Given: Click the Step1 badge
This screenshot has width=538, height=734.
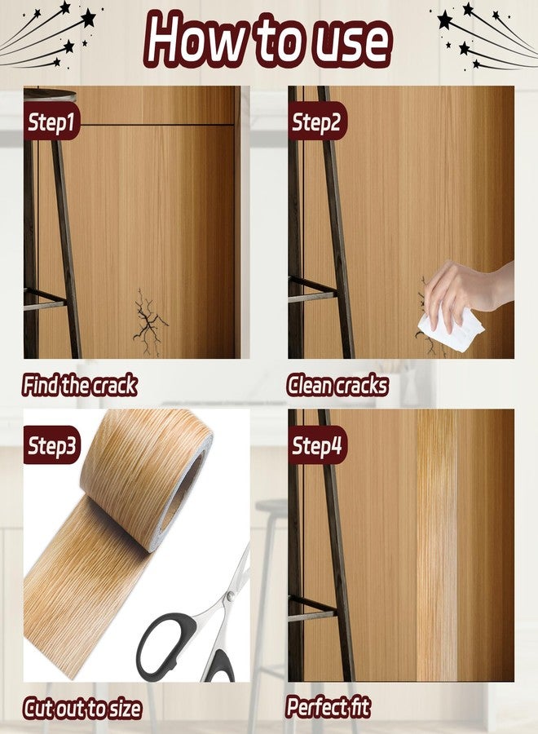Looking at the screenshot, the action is pyautogui.click(x=51, y=122).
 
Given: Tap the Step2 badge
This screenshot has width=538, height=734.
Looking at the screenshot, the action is pyautogui.click(x=317, y=122).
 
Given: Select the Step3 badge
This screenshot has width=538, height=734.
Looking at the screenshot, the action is pyautogui.click(x=52, y=444).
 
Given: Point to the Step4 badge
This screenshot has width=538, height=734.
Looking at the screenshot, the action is pyautogui.click(x=317, y=445).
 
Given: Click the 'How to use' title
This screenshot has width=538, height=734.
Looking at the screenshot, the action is pyautogui.click(x=267, y=39).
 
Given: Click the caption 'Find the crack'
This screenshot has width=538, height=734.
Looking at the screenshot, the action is pyautogui.click(x=80, y=385).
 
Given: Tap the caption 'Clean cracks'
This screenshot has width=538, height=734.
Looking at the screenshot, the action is pyautogui.click(x=337, y=386).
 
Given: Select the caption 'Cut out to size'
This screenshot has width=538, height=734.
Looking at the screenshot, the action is pyautogui.click(x=82, y=708).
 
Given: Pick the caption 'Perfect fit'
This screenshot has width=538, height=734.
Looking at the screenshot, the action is pyautogui.click(x=328, y=707).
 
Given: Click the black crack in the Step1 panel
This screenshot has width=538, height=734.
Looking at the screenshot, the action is pyautogui.click(x=148, y=322).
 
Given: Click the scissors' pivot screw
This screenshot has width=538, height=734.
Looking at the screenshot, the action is pyautogui.click(x=230, y=596).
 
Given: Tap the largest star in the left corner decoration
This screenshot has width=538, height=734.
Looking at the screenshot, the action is pyautogui.click(x=88, y=18).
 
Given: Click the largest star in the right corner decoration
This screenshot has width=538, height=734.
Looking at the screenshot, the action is pyautogui.click(x=445, y=20).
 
